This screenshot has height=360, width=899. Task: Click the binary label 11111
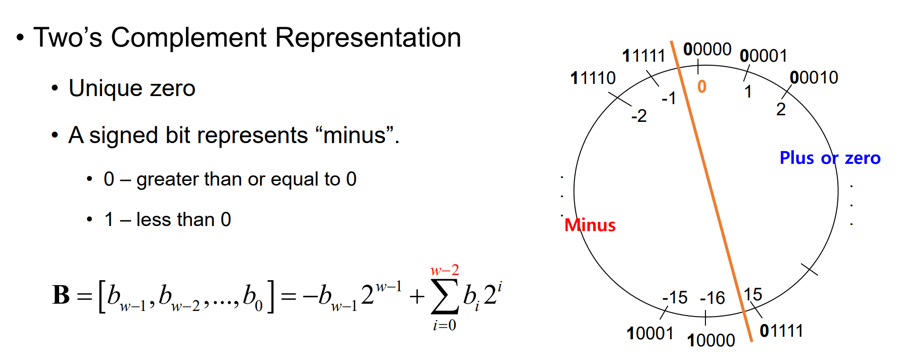point(643,56)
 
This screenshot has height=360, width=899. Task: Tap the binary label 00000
point(707,50)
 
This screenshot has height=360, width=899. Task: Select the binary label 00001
point(763,56)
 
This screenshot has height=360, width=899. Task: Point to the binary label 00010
point(814,78)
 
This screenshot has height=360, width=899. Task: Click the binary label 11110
point(593,78)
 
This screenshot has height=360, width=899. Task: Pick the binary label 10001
point(650,334)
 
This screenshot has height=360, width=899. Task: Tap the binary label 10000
point(711,341)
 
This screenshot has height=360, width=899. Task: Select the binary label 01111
point(781,331)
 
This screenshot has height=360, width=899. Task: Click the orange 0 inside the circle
point(702,87)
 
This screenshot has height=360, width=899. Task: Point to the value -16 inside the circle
point(713,298)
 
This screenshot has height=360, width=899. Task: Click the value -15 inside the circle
point(675,297)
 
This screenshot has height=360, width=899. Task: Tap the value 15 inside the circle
point(753,294)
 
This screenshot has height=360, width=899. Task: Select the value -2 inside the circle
point(639,116)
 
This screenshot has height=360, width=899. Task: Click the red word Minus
point(590,225)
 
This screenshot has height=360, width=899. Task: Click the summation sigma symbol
point(444,297)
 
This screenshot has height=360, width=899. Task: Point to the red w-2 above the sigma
point(445,271)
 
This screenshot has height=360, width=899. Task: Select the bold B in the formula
point(61,295)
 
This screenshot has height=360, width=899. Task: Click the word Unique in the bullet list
point(104,88)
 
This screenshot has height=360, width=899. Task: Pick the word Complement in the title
point(188,38)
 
